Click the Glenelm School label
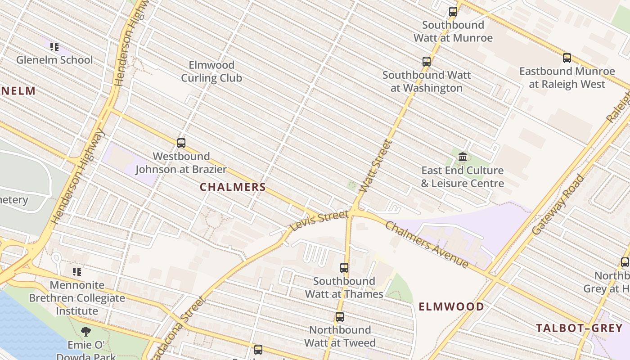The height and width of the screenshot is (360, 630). coord(54,60)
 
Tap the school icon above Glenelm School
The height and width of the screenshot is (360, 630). coord(54,46)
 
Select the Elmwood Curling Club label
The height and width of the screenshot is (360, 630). coord(211,72)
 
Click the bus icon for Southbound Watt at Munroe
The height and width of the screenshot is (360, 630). coord(453,12)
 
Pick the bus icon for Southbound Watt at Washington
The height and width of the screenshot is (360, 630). coord(427,62)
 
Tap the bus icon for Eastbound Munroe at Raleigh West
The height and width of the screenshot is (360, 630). coord(567,58)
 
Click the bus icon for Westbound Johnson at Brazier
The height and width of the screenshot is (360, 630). coord(181,143)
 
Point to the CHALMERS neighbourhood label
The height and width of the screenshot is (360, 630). coord(233,187)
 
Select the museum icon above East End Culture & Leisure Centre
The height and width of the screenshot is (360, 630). coord(463,157)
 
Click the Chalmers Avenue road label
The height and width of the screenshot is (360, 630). coord(427,245)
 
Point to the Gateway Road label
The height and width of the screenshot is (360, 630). coord(558,205)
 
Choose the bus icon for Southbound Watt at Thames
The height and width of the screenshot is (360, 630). coord(344,268)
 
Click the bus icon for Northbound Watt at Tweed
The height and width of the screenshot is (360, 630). coord(340,317)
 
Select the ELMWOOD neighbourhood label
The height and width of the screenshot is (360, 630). coord(451,307)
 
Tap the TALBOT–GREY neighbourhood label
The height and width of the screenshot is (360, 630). coord(579,328)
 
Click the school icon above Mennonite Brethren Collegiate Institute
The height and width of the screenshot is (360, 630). coord(77,272)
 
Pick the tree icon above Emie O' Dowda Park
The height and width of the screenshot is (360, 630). coord(85,332)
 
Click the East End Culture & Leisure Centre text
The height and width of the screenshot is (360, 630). coord(463,177)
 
